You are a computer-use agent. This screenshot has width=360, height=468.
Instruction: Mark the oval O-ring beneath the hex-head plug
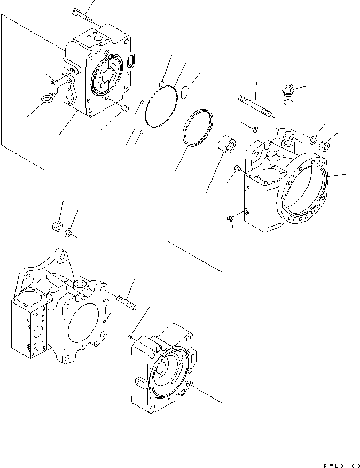[287, 102]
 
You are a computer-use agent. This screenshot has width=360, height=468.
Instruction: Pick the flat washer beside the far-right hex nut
[315, 142]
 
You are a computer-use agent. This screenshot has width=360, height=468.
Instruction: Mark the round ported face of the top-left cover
[108, 76]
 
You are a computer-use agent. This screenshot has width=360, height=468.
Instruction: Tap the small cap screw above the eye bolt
[54, 82]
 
